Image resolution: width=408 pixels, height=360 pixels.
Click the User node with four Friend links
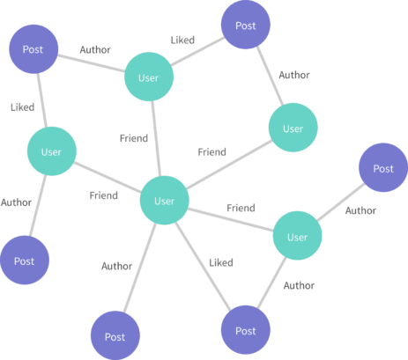(x=165, y=201)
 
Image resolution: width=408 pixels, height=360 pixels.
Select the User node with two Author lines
(x=298, y=236)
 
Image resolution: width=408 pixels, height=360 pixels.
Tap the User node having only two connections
(x=293, y=128)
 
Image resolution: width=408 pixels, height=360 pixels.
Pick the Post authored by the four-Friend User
(x=115, y=335)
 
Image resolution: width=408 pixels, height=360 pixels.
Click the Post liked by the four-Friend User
(x=246, y=330)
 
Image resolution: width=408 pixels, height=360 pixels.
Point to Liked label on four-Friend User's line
(x=221, y=262)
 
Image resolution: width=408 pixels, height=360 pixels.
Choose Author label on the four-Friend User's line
(x=116, y=266)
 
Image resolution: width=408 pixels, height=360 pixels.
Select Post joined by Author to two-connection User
(x=246, y=25)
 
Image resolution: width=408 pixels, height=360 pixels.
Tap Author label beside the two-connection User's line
(x=294, y=75)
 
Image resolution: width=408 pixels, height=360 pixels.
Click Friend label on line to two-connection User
(x=212, y=152)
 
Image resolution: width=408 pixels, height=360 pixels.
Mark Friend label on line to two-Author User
(x=241, y=208)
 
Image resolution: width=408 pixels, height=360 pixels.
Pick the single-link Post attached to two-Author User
(x=383, y=167)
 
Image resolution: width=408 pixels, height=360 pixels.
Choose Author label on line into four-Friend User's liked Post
(x=299, y=285)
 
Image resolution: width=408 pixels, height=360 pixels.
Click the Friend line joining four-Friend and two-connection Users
(x=229, y=165)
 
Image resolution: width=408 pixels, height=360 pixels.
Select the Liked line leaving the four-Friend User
(x=203, y=267)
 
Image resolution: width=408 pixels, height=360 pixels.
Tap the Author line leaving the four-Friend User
(x=140, y=268)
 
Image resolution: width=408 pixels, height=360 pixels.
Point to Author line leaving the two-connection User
(x=270, y=76)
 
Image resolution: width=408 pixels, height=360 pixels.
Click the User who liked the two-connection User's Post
(x=149, y=77)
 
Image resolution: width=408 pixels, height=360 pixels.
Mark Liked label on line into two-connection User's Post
(x=182, y=40)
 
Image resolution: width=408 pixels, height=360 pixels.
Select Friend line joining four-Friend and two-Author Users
(x=231, y=220)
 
